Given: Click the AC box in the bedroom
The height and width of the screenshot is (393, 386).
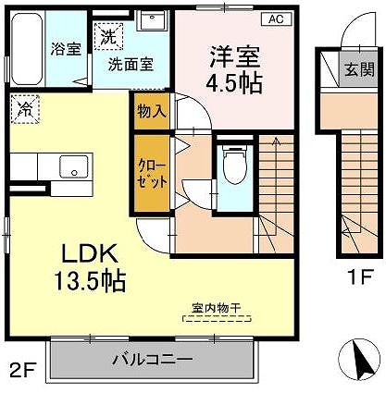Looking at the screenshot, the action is [x=277, y=19].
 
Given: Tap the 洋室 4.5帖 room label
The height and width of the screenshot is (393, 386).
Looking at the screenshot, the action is [x=234, y=70].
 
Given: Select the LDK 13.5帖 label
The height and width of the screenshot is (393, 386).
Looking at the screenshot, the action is [x=90, y=267].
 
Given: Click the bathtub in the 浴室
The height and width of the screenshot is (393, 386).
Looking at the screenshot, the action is [x=27, y=49].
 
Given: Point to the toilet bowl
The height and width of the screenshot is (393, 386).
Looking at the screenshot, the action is [x=235, y=166].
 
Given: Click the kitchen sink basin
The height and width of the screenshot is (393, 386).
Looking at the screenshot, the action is [x=74, y=166].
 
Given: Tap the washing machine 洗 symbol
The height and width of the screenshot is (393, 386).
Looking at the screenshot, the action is [x=108, y=36].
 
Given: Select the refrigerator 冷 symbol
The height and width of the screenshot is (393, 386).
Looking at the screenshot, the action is [x=25, y=109].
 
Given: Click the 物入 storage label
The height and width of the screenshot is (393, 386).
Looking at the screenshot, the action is [x=152, y=111].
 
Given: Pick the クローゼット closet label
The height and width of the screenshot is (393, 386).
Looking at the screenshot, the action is [x=152, y=174].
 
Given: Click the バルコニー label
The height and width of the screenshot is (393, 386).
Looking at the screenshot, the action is [x=153, y=359].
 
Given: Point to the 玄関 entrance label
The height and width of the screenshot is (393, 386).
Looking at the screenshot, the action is [x=359, y=68].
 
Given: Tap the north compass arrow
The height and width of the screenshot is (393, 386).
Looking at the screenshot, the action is [x=359, y=358].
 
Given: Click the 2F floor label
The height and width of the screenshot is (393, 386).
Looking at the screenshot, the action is [x=23, y=370].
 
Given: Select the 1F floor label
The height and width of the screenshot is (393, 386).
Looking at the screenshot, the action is [x=361, y=276].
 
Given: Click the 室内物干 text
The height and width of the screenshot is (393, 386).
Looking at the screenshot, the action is [x=217, y=308].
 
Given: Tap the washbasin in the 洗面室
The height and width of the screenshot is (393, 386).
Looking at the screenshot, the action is [x=152, y=19].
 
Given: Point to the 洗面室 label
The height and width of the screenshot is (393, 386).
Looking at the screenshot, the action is [x=131, y=65].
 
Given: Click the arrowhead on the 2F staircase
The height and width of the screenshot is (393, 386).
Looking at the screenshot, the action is [x=276, y=141].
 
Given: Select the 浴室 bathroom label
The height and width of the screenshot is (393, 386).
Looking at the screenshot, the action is [x=66, y=48].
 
